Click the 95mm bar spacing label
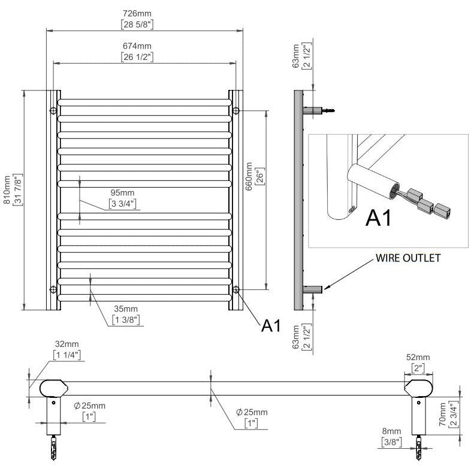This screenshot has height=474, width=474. tap(123, 193)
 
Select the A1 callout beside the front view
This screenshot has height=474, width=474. tap(271, 325)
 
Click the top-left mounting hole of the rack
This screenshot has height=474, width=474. tap(53, 111)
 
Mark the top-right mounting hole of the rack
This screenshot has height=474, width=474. tap(236, 111)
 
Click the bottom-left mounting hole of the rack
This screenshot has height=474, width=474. tap(53, 290)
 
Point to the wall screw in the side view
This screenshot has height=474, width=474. tap(328, 111)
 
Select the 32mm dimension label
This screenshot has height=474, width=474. tap(67, 345)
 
